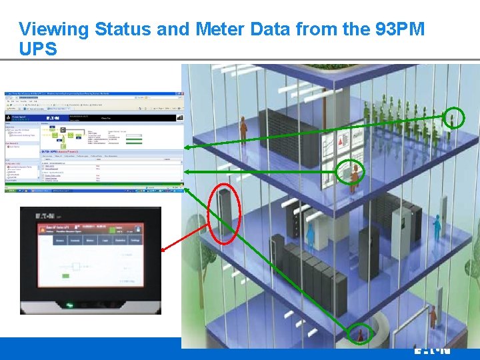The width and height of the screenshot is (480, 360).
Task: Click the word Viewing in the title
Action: point(54,29)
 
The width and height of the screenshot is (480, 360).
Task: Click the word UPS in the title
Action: point(38,49)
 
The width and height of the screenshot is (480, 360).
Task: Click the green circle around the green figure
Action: point(453,118)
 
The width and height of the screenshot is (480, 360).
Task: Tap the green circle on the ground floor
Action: point(361,335)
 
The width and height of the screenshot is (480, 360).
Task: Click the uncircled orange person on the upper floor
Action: point(243,125)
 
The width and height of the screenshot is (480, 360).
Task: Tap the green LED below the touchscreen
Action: point(69,306)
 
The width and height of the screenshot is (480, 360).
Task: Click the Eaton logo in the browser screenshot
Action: point(51,117)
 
